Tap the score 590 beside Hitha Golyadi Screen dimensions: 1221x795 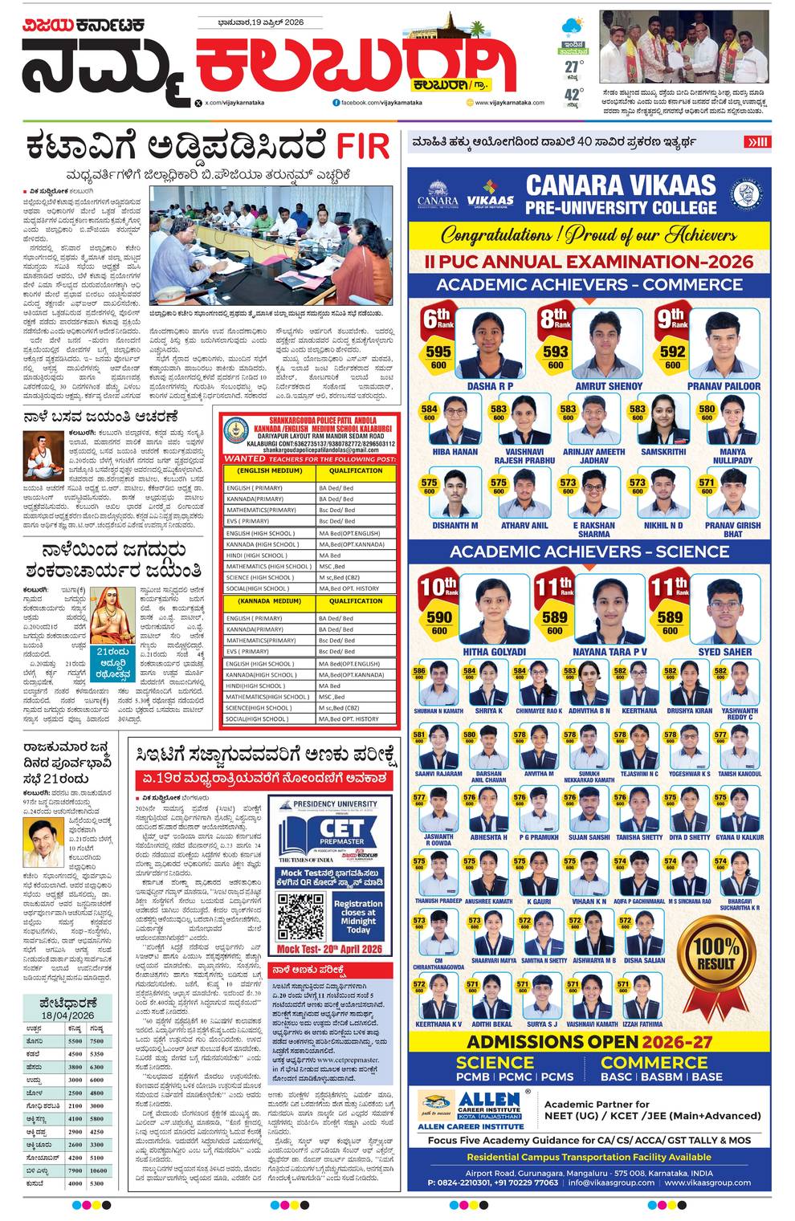(439, 617)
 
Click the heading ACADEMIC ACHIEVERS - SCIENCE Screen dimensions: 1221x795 (589, 551)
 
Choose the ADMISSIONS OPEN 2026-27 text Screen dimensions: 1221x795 (589, 1042)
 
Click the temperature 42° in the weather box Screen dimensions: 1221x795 (573, 95)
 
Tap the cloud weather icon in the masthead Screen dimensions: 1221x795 (573, 26)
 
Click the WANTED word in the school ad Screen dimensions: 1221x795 (245, 458)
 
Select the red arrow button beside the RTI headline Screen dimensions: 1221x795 (757, 142)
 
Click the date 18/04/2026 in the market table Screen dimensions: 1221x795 (68, 1015)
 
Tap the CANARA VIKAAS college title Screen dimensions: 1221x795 (620, 195)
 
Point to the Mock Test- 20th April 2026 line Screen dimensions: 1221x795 (329, 949)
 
